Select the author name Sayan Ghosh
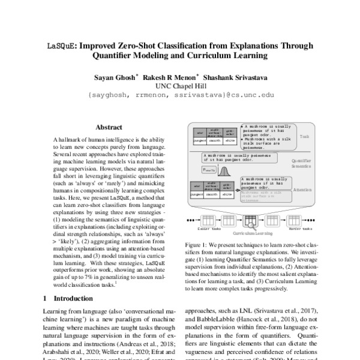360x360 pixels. [x=113, y=77]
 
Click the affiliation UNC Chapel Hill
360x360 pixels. [x=180, y=86]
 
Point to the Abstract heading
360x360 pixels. [x=109, y=127]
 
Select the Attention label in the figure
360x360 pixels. [x=304, y=189]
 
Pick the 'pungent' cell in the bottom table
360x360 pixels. [x=197, y=194]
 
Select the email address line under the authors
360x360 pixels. [x=180, y=95]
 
